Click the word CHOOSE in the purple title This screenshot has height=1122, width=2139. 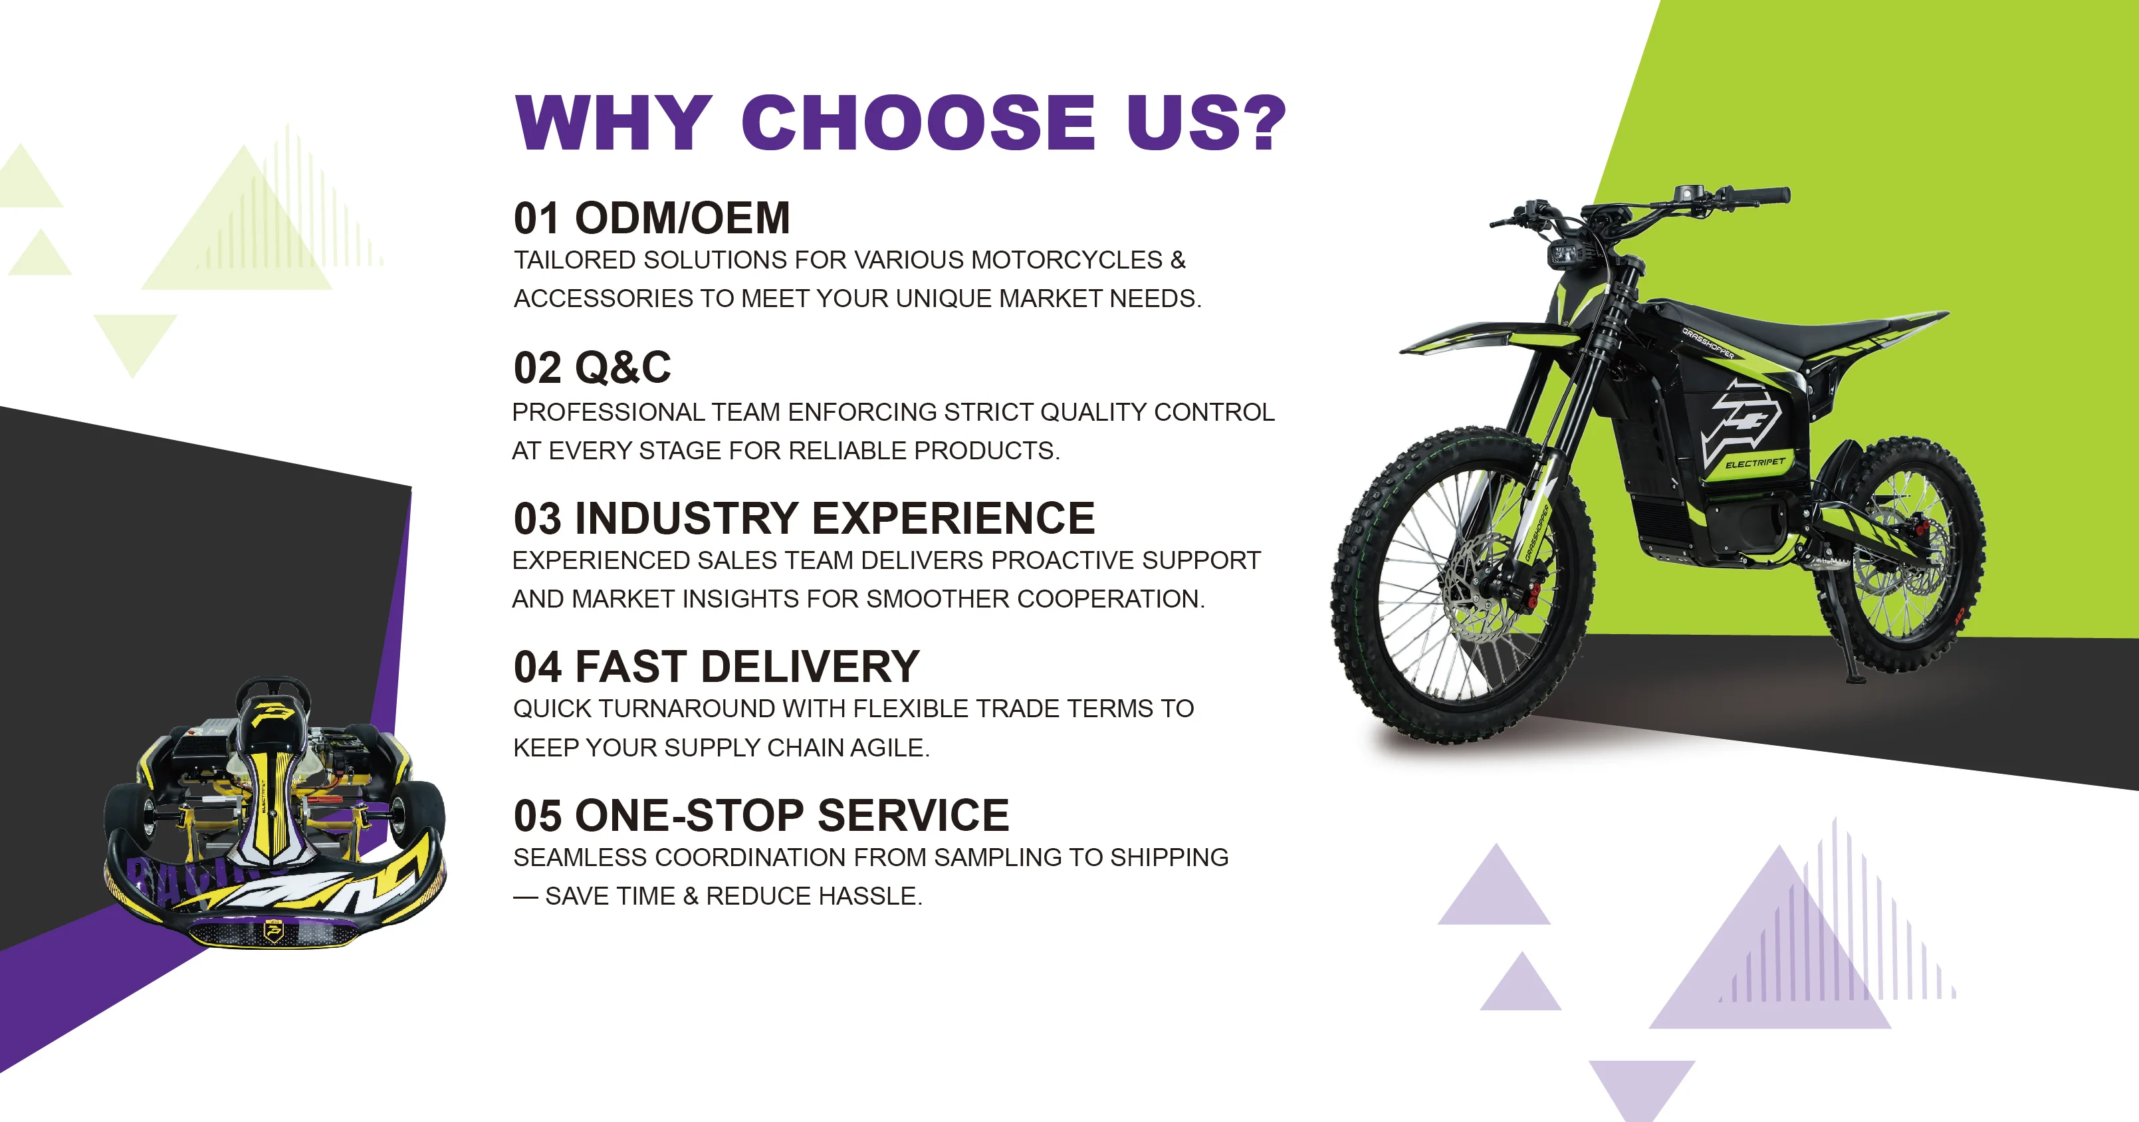919,122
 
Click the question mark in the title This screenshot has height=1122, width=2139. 1259,122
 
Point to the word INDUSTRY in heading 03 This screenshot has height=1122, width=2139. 687,518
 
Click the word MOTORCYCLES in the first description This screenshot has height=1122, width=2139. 1066,260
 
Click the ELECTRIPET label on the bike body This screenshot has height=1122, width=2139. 1755,463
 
